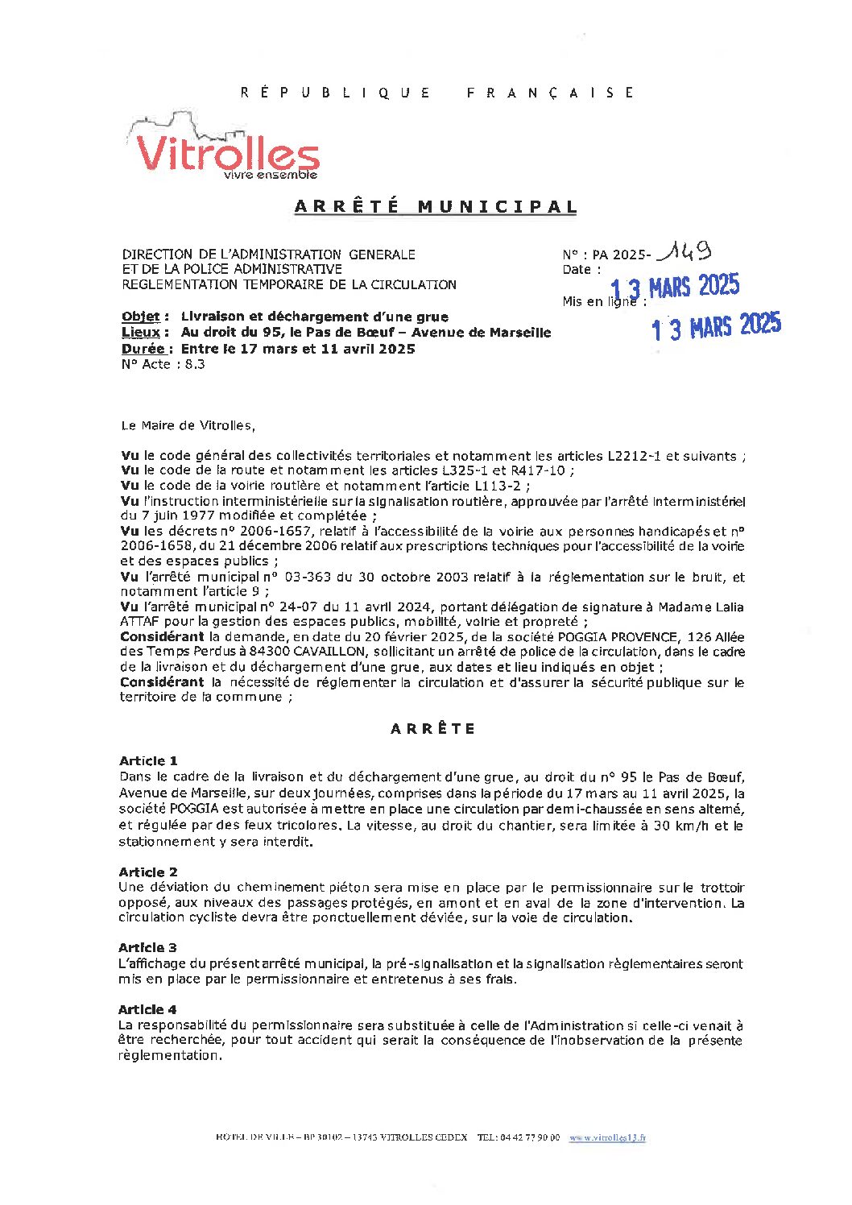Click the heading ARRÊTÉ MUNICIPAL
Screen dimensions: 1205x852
click(436, 207)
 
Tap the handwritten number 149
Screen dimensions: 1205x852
click(684, 253)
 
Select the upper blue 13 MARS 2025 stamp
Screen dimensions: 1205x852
click(675, 287)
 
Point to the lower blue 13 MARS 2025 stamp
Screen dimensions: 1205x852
click(716, 326)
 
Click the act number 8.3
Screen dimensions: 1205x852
click(195, 364)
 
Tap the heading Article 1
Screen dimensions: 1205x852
click(148, 760)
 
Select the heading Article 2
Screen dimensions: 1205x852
click(148, 872)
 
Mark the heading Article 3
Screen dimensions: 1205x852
click(148, 947)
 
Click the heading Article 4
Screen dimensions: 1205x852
click(148, 1009)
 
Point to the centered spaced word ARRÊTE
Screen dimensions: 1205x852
click(433, 729)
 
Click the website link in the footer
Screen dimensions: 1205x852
click(607, 1137)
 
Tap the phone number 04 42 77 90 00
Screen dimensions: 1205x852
click(529, 1137)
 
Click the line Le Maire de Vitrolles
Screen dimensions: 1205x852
click(187, 425)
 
